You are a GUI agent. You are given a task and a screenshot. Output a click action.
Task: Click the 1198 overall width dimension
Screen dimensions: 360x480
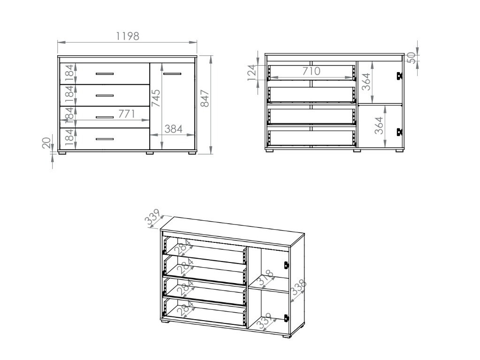pyautogui.click(x=127, y=36)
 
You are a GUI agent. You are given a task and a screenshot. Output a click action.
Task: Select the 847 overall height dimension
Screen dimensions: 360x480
pyautogui.click(x=205, y=98)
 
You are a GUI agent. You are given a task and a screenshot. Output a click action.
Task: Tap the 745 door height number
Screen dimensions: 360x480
pyautogui.click(x=156, y=98)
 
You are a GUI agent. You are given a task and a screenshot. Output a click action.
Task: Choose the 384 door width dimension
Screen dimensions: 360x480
pyautogui.click(x=173, y=129)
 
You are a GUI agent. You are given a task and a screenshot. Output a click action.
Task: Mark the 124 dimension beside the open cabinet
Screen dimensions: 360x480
pyautogui.click(x=251, y=73)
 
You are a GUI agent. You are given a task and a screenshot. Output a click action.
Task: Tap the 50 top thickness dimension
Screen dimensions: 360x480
pyautogui.click(x=411, y=57)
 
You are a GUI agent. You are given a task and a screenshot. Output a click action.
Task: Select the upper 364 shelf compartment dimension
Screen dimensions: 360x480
pyautogui.click(x=366, y=82)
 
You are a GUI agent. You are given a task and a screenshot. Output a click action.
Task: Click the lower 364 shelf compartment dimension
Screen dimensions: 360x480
pyautogui.click(x=379, y=125)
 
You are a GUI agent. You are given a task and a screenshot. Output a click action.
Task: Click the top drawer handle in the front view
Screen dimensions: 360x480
pyautogui.click(x=105, y=74)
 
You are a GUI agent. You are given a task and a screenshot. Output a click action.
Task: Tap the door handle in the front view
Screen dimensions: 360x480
pyautogui.click(x=172, y=74)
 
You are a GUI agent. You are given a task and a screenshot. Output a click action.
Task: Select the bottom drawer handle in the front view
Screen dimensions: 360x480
pyautogui.click(x=105, y=139)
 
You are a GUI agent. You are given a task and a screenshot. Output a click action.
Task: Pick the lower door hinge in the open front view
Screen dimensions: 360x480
pyautogui.click(x=400, y=132)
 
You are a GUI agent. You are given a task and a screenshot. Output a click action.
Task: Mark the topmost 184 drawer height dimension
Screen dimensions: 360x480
pyautogui.click(x=69, y=73)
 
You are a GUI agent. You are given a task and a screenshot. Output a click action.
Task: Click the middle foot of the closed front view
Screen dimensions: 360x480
pyautogui.click(x=150, y=152)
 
